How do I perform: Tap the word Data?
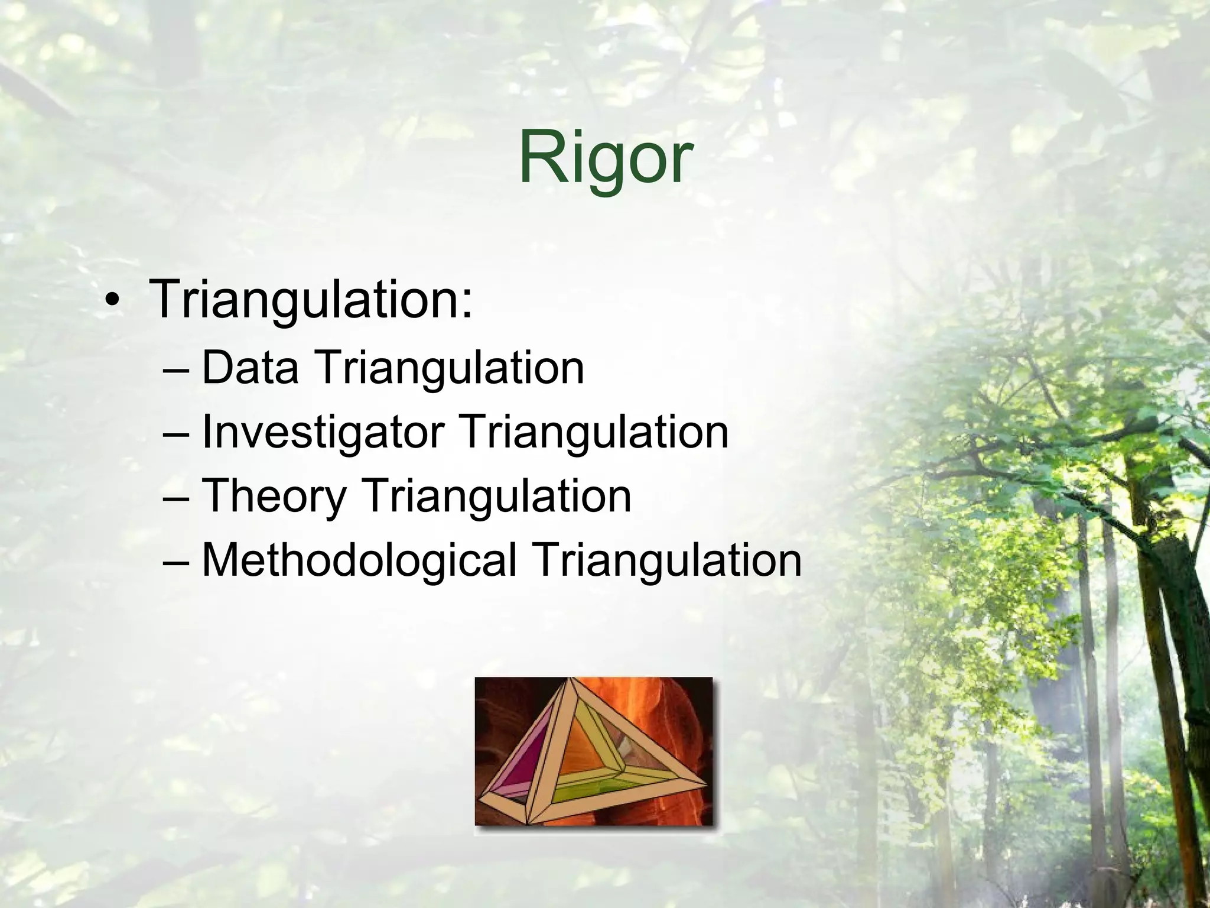pos(250,368)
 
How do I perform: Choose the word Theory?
pos(274,496)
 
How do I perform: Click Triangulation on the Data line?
pos(450,368)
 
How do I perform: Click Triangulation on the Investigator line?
pos(594,432)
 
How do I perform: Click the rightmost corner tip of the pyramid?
pos(705,785)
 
